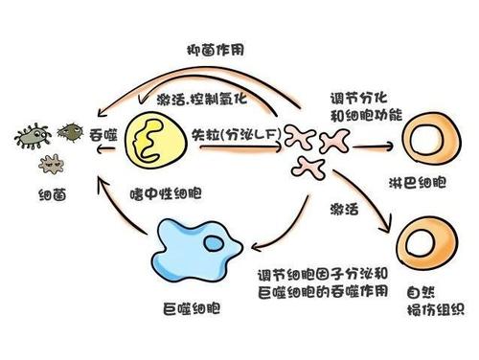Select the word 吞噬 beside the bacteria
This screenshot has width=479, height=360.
coord(103,134)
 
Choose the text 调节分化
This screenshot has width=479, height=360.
coord(352,100)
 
